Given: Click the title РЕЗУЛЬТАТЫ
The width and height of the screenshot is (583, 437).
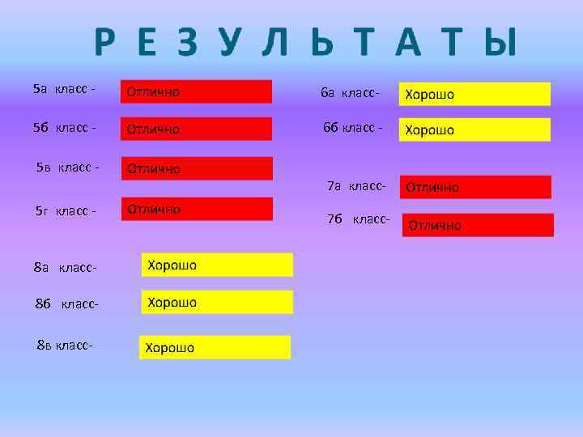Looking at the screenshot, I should tap(304, 43).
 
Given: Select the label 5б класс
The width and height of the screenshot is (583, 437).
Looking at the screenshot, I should tap(65, 127).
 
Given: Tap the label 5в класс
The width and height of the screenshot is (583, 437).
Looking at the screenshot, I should tap(68, 168).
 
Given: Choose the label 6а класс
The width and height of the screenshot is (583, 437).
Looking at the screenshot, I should tap(350, 92).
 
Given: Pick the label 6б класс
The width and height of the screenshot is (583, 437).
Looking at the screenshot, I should tap(352, 127).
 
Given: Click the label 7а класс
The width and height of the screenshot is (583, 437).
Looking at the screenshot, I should tap(356, 187).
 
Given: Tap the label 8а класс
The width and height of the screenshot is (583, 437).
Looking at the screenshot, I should tap(66, 267).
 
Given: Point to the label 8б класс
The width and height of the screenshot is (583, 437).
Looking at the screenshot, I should tap(67, 304).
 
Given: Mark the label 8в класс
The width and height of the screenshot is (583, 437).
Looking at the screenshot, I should tap(66, 345).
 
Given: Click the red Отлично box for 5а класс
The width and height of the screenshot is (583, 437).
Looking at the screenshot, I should tap(196, 91).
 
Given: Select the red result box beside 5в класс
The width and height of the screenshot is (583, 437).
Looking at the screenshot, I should tap(197, 168).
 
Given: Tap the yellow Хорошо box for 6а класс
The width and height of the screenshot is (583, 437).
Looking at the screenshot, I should tap(474, 94).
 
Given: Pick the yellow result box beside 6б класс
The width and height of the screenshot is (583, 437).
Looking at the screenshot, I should tap(474, 129).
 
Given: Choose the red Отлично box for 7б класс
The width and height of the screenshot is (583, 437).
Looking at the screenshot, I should tap(478, 225).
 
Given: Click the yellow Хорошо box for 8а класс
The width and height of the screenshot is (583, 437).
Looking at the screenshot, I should tap(217, 265).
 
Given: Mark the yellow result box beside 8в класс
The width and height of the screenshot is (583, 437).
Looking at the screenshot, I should tap(215, 347).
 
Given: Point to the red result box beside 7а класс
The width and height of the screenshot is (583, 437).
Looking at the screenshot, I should tap(475, 187).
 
